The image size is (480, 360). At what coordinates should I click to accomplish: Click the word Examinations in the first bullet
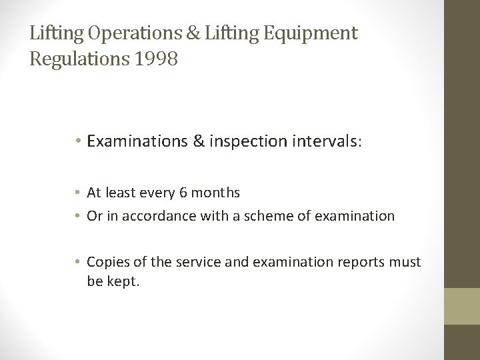click(137, 142)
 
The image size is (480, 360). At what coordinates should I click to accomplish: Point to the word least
click(121, 193)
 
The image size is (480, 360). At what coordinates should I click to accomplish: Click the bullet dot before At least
click(79, 194)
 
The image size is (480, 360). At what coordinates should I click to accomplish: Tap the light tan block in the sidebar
click(463, 306)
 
